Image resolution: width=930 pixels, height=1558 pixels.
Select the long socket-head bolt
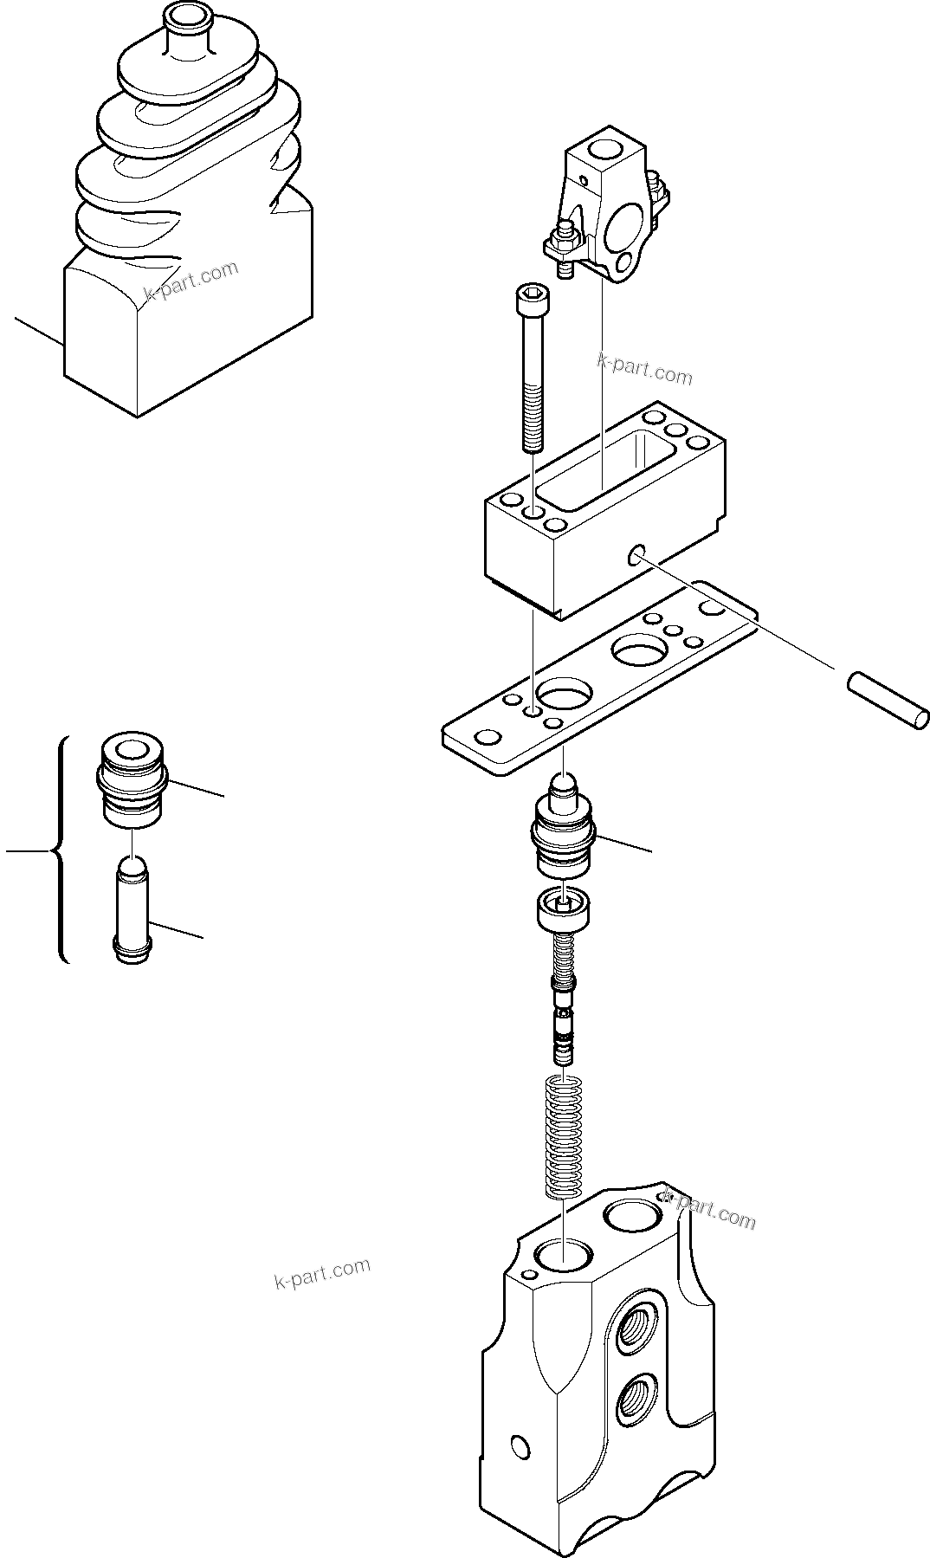click(x=531, y=372)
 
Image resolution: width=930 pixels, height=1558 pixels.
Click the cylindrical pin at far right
click(x=888, y=701)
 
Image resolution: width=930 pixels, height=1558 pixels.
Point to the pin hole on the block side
click(x=638, y=553)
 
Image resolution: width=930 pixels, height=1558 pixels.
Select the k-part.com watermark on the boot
click(x=191, y=279)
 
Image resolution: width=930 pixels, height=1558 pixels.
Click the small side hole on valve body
click(x=520, y=1445)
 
